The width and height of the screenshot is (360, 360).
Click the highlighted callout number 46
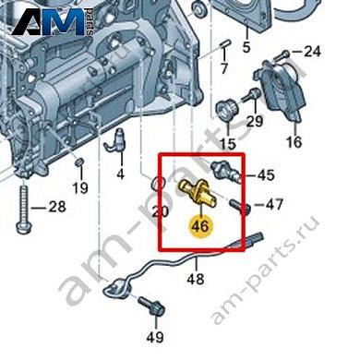tap(199, 226)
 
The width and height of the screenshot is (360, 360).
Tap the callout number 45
tap(266, 175)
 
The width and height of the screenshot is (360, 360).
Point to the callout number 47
tap(274, 204)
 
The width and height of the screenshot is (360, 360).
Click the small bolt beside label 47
tap(240, 206)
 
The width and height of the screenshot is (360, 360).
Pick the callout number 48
tap(196, 279)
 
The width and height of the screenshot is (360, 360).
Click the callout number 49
tap(155, 337)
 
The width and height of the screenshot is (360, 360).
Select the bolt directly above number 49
tap(152, 306)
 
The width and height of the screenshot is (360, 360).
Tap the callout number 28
tap(57, 207)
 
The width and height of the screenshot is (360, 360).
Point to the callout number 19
tap(80, 187)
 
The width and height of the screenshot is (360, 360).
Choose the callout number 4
tap(121, 174)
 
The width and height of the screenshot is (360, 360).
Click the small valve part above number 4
tap(116, 140)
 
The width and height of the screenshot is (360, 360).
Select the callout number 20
tap(161, 211)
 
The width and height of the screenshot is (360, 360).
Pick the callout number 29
tap(255, 121)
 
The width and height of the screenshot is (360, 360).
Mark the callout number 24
tap(312, 52)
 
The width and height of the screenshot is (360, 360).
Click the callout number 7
tap(224, 68)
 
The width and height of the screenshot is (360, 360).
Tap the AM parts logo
tap(53, 22)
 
